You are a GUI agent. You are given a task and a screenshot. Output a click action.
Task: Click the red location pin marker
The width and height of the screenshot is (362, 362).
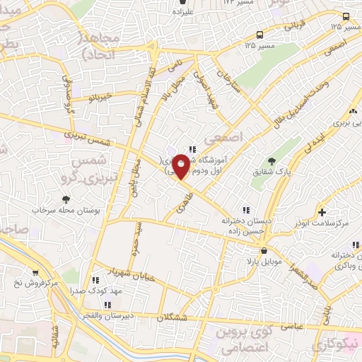click(181, 165)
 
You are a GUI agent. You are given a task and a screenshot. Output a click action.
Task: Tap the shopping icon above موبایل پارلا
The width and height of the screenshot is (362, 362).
click(264, 250)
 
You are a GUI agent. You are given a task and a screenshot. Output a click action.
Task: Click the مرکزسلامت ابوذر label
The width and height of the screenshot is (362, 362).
click(325, 223)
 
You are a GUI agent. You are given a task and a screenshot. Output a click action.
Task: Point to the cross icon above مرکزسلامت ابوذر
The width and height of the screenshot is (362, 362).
click(322, 211)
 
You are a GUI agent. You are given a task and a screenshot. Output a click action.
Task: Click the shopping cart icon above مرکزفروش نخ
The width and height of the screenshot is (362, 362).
click(35, 272)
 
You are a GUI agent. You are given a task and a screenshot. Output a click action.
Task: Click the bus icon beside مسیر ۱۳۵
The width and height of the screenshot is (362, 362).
click(260, 35)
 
